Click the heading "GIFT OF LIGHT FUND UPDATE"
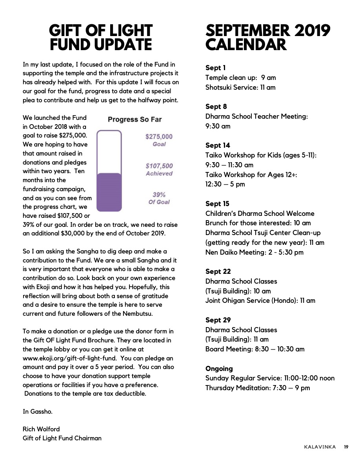tap(101, 38)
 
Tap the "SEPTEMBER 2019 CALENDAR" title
tap(268, 38)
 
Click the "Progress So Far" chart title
tap(135, 119)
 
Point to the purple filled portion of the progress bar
tap(109, 192)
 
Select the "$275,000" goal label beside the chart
tap(159, 137)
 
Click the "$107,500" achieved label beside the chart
tap(159, 166)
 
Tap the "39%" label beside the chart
tap(159, 195)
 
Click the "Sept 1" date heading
tap(215, 68)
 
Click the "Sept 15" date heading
tap(217, 204)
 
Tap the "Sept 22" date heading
tap(218, 271)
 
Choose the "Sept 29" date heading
tap(218, 320)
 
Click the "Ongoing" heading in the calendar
tap(219, 369)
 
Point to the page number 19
tap(346, 447)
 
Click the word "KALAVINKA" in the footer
tap(320, 447)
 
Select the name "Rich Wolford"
tap(41, 429)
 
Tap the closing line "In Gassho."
tap(37, 411)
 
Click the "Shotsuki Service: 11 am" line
tap(240, 87)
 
